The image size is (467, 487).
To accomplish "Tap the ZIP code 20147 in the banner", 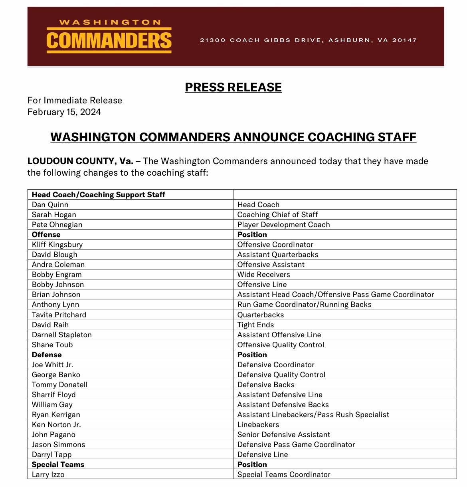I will [x=404, y=40].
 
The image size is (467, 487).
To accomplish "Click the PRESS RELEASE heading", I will [x=233, y=87].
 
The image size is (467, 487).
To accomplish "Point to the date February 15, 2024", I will [x=64, y=112].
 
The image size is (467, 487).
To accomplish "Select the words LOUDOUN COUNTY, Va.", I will [x=80, y=161].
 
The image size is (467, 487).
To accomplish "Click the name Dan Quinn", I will [x=50, y=205].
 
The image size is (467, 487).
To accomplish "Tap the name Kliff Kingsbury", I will [x=57, y=245].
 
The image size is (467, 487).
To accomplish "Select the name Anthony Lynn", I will [x=55, y=305].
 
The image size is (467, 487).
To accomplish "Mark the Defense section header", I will [x=47, y=355].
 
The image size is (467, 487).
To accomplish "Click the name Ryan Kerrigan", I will [x=56, y=415].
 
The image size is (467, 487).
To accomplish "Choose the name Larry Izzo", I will [x=48, y=475].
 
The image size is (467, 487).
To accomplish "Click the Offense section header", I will [x=46, y=235].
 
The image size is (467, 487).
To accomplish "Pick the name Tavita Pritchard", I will [x=59, y=315].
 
